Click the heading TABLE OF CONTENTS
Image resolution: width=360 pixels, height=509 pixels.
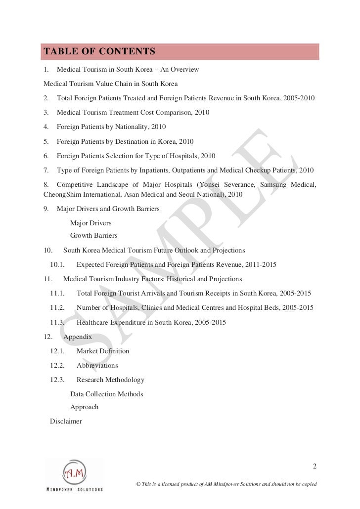(99, 51)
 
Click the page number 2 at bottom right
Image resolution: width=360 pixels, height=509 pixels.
(315, 466)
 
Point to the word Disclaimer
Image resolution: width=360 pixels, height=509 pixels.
(66, 422)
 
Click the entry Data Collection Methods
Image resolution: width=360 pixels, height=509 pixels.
(106, 394)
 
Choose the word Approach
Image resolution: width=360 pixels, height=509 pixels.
(84, 407)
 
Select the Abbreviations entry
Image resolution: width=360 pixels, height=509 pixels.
(97, 365)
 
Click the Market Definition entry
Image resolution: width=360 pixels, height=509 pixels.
(102, 351)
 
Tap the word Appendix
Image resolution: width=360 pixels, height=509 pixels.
(78, 337)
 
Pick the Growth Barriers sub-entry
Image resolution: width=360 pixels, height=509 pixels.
(93, 235)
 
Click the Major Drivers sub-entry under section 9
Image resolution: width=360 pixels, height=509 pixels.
(90, 223)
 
